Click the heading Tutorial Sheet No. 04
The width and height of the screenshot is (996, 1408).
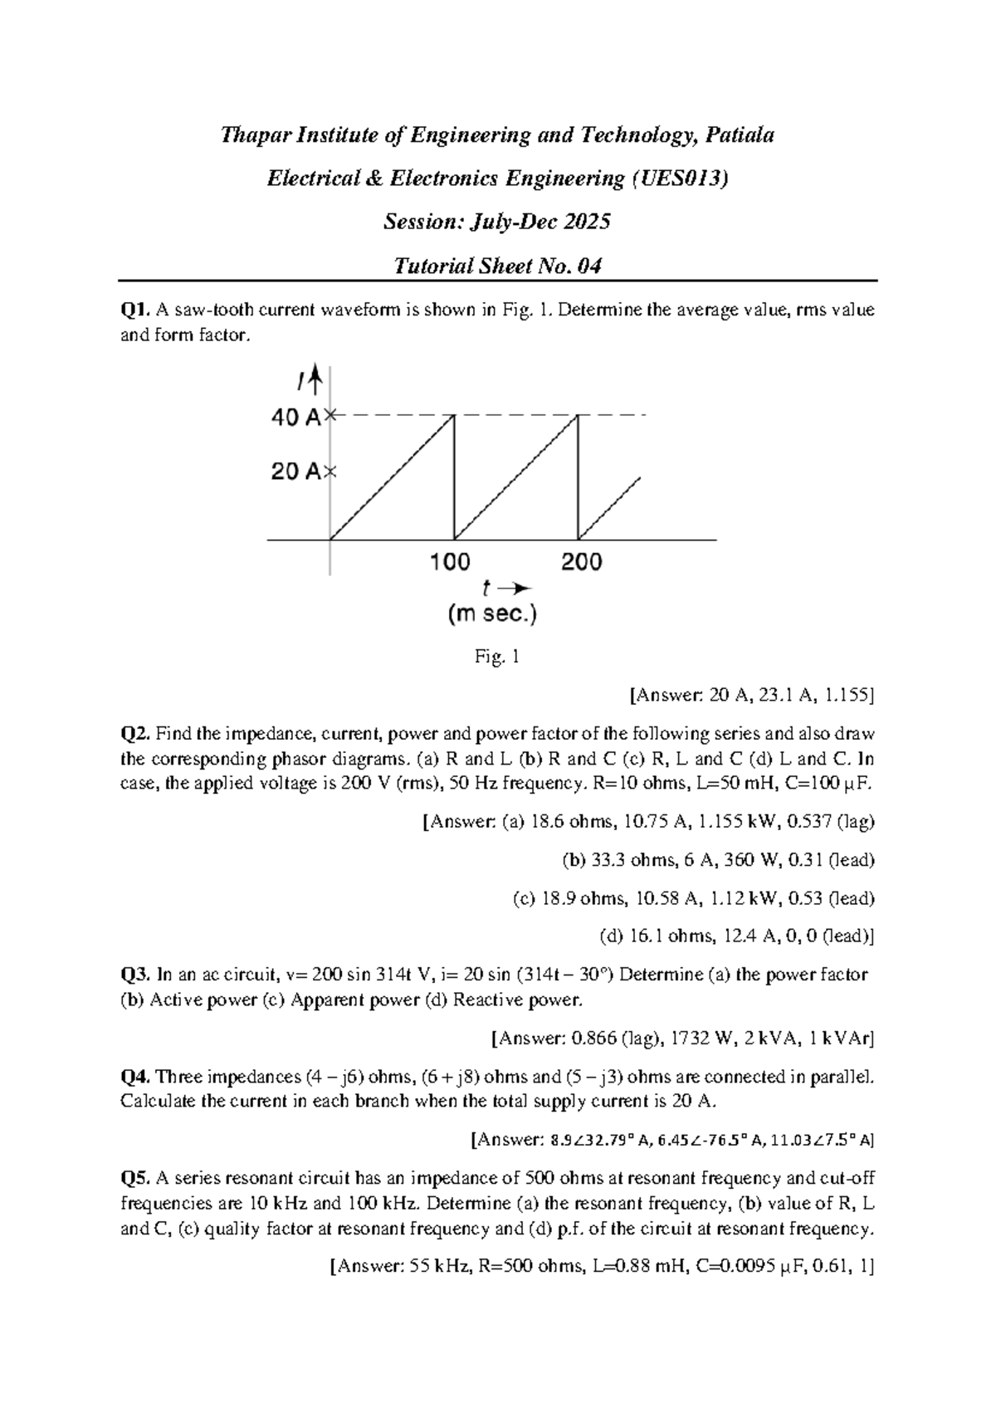point(497,266)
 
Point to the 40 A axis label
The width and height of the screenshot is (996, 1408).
point(296,418)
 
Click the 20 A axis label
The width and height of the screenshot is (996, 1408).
point(296,472)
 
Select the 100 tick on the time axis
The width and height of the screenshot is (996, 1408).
point(450,562)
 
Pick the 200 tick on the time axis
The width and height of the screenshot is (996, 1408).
point(582,562)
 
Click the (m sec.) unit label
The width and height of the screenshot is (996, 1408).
point(492,614)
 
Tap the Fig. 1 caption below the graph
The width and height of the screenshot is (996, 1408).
point(497,658)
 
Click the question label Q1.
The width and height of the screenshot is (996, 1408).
point(135,310)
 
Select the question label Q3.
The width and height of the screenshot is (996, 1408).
point(135,975)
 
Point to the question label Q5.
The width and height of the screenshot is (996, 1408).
point(135,1178)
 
